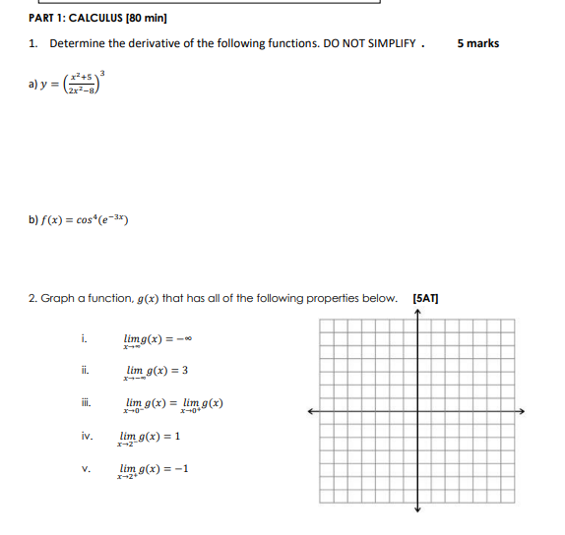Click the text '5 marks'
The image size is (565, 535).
[478, 43]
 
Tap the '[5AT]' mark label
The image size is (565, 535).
[426, 298]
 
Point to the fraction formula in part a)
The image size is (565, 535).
[81, 83]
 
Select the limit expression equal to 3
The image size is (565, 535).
[157, 372]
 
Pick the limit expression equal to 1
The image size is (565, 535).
[149, 437]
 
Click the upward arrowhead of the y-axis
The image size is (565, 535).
[417, 314]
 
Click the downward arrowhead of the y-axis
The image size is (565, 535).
[417, 508]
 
